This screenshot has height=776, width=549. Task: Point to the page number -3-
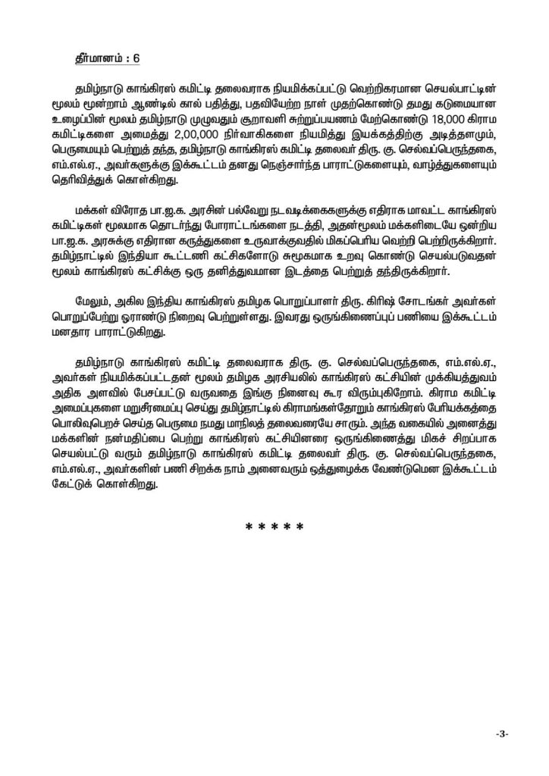pyautogui.click(x=500, y=734)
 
